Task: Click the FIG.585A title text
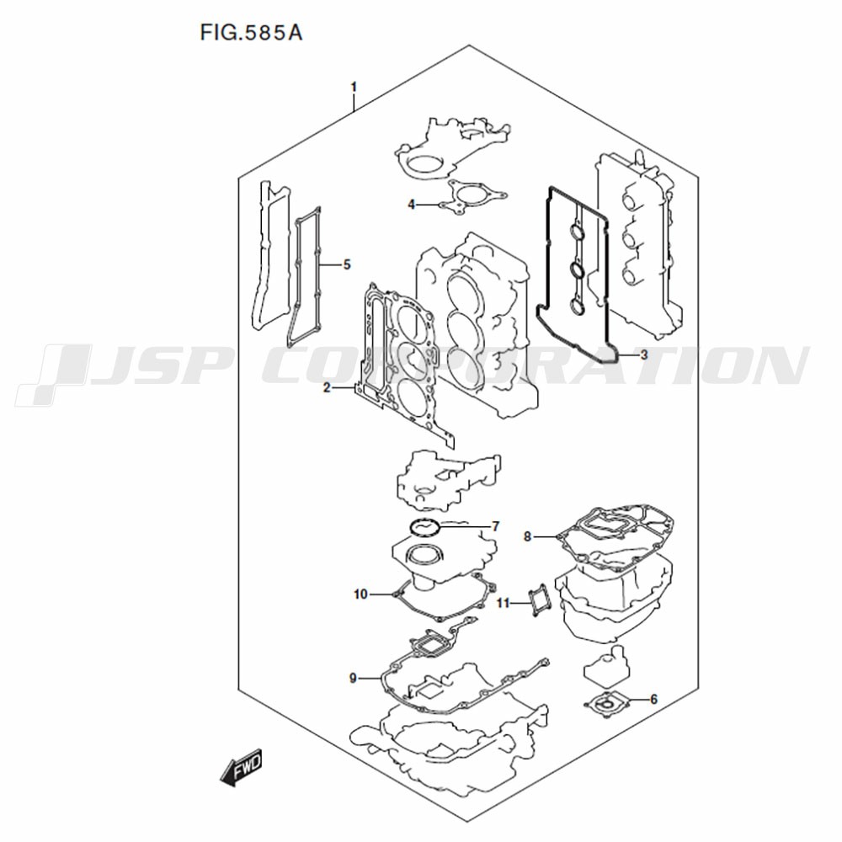251,32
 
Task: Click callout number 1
354,87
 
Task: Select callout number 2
327,387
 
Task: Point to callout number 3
644,354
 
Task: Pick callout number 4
412,205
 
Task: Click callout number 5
346,264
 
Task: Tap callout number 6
653,699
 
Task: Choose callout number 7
496,526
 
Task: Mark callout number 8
527,536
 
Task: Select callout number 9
353,678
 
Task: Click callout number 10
360,594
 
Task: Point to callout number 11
502,604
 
